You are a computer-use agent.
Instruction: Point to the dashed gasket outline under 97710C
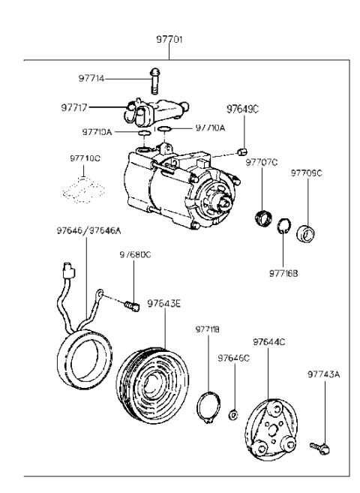[x=83, y=189]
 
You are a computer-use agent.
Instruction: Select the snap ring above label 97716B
[x=283, y=226]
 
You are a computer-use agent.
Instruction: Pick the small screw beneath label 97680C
[x=133, y=305]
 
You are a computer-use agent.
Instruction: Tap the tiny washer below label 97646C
[x=235, y=414]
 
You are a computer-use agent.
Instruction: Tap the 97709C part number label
[x=306, y=173]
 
